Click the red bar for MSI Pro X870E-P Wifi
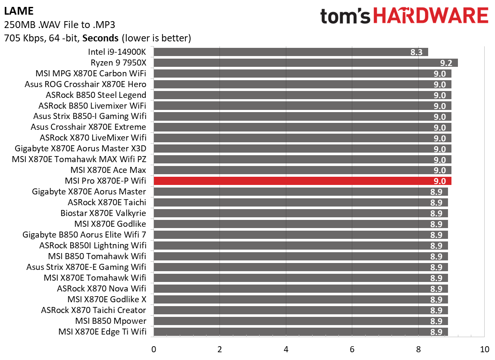pyautogui.click(x=302, y=181)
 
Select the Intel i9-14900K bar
pyautogui.click(x=291, y=52)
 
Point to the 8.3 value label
pyautogui.click(x=417, y=52)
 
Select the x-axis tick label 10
pyautogui.click(x=485, y=349)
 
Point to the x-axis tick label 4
pyautogui.click(x=286, y=349)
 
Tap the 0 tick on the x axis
pyautogui.click(x=154, y=349)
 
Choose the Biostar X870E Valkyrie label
pyautogui.click(x=103, y=213)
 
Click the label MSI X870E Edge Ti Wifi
pyautogui.click(x=102, y=332)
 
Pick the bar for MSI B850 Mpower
pyautogui.click(x=301, y=321)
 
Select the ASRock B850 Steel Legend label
pyautogui.click(x=96, y=95)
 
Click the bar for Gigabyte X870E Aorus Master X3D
pyautogui.click(x=302, y=149)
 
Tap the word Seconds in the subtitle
pyautogui.click(x=100, y=38)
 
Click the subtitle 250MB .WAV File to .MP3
pyautogui.click(x=60, y=24)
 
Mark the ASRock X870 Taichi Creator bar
pyautogui.click(x=301, y=310)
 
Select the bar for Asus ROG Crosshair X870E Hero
pyautogui.click(x=302, y=85)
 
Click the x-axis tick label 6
pyautogui.click(x=352, y=349)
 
